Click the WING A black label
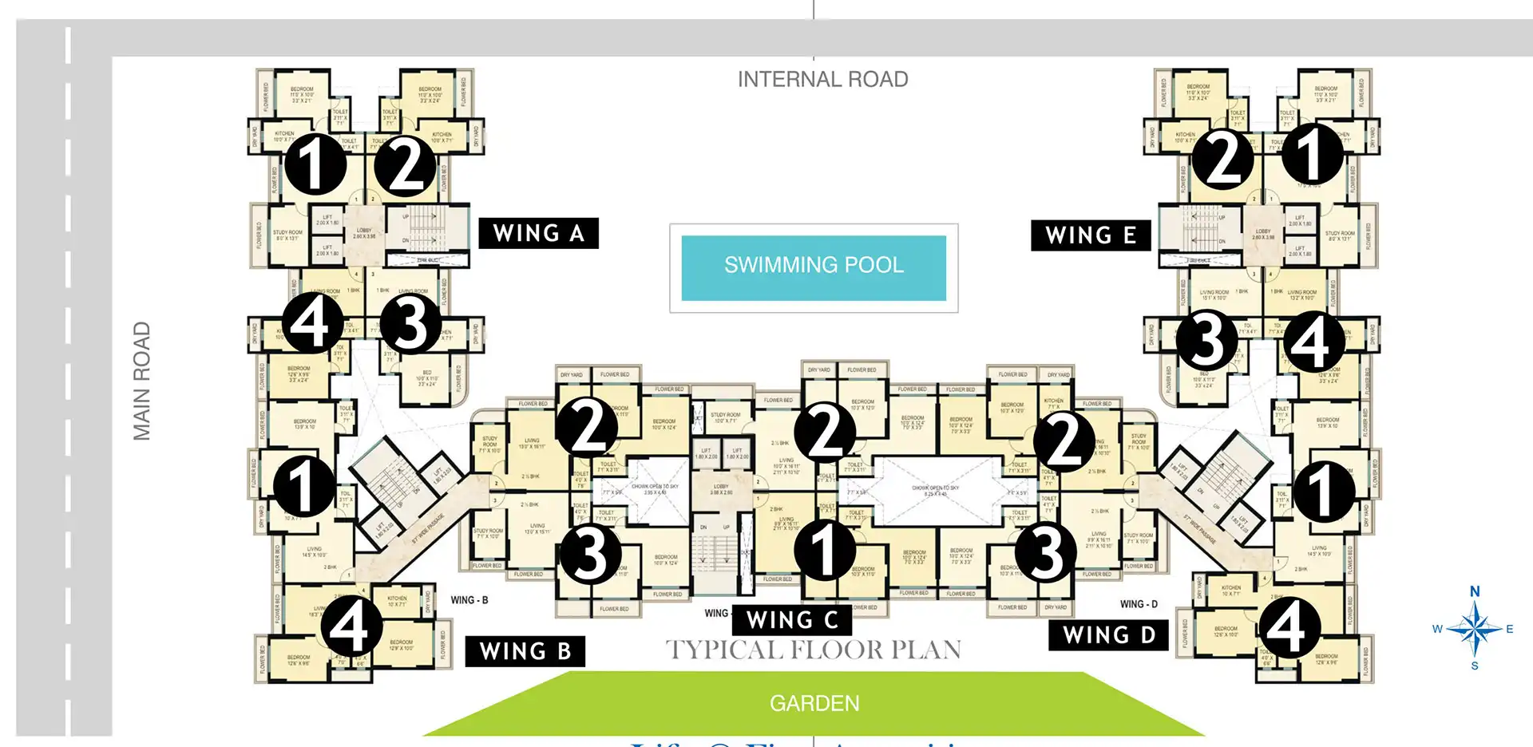[x=538, y=233]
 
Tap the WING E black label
[x=1091, y=235]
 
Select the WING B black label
[x=525, y=651]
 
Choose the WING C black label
[x=792, y=620]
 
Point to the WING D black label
[x=1109, y=635]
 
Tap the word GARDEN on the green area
[x=814, y=703]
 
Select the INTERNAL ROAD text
[x=822, y=80]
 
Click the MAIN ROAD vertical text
[x=142, y=381]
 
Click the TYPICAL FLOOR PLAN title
[x=814, y=650]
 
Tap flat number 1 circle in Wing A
[x=315, y=164]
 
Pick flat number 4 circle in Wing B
[x=351, y=626]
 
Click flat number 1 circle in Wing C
[x=825, y=550]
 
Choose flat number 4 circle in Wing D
[x=1287, y=628]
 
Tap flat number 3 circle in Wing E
[x=1206, y=338]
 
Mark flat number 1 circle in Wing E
[x=1312, y=153]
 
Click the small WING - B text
[x=469, y=600]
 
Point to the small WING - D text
[x=1139, y=604]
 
